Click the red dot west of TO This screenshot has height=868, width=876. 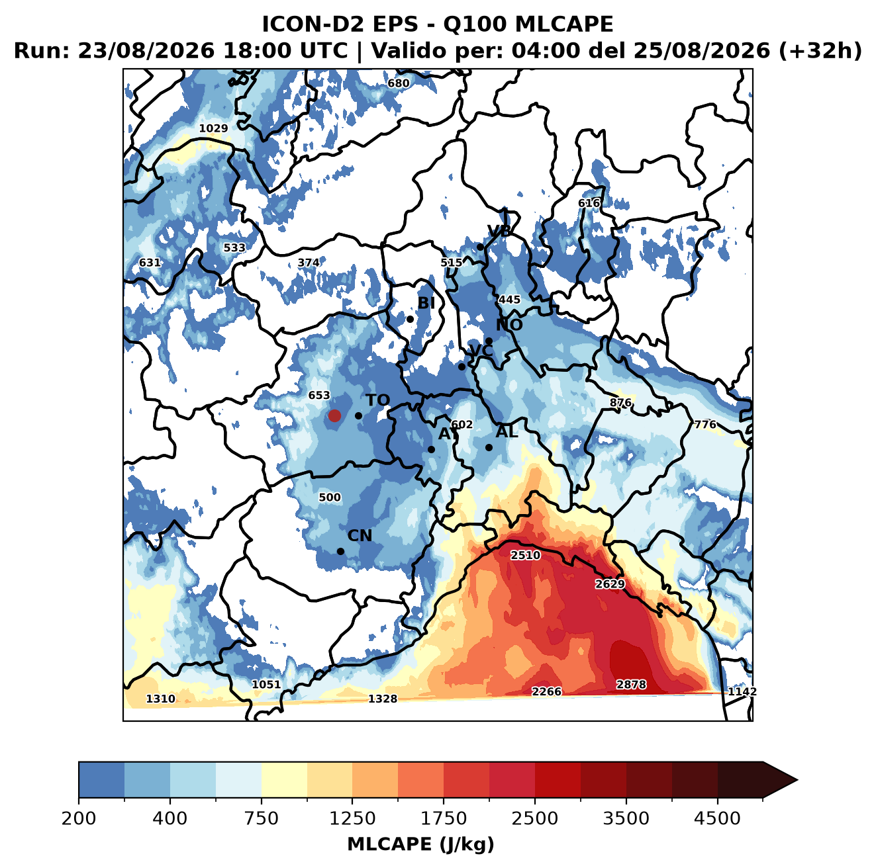click(334, 415)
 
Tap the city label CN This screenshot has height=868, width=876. click(360, 536)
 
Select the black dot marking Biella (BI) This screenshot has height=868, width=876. click(410, 320)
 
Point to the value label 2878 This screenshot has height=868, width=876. click(631, 684)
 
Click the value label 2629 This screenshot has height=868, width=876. click(610, 584)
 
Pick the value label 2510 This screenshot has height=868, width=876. click(526, 555)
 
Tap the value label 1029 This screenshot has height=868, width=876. click(213, 128)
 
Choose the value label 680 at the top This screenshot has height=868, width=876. click(398, 83)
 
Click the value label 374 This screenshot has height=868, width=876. click(308, 263)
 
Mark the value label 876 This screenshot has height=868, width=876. click(620, 402)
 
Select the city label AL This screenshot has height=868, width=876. click(507, 431)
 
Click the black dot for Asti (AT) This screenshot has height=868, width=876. click(431, 450)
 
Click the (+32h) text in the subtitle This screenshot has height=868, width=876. click(820, 50)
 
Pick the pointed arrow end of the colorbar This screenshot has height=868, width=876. click(797, 780)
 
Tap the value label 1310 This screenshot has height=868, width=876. click(160, 699)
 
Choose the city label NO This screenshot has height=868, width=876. click(509, 325)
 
